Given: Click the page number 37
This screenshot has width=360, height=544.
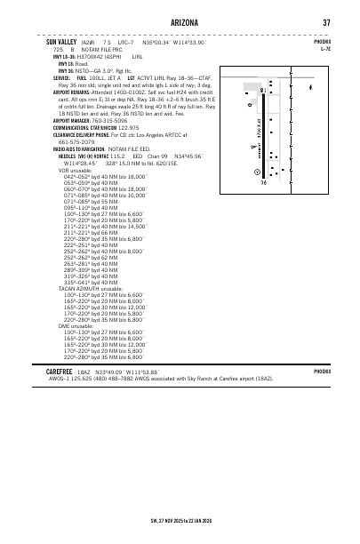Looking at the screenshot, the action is (x=326, y=22).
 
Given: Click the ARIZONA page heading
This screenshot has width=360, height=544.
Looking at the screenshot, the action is (x=179, y=22).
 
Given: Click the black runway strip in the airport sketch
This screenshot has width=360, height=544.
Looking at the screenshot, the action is (x=264, y=133).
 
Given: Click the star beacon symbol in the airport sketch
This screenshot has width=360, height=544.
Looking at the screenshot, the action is (x=254, y=148).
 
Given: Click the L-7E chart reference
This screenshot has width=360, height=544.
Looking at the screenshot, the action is (x=324, y=49).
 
